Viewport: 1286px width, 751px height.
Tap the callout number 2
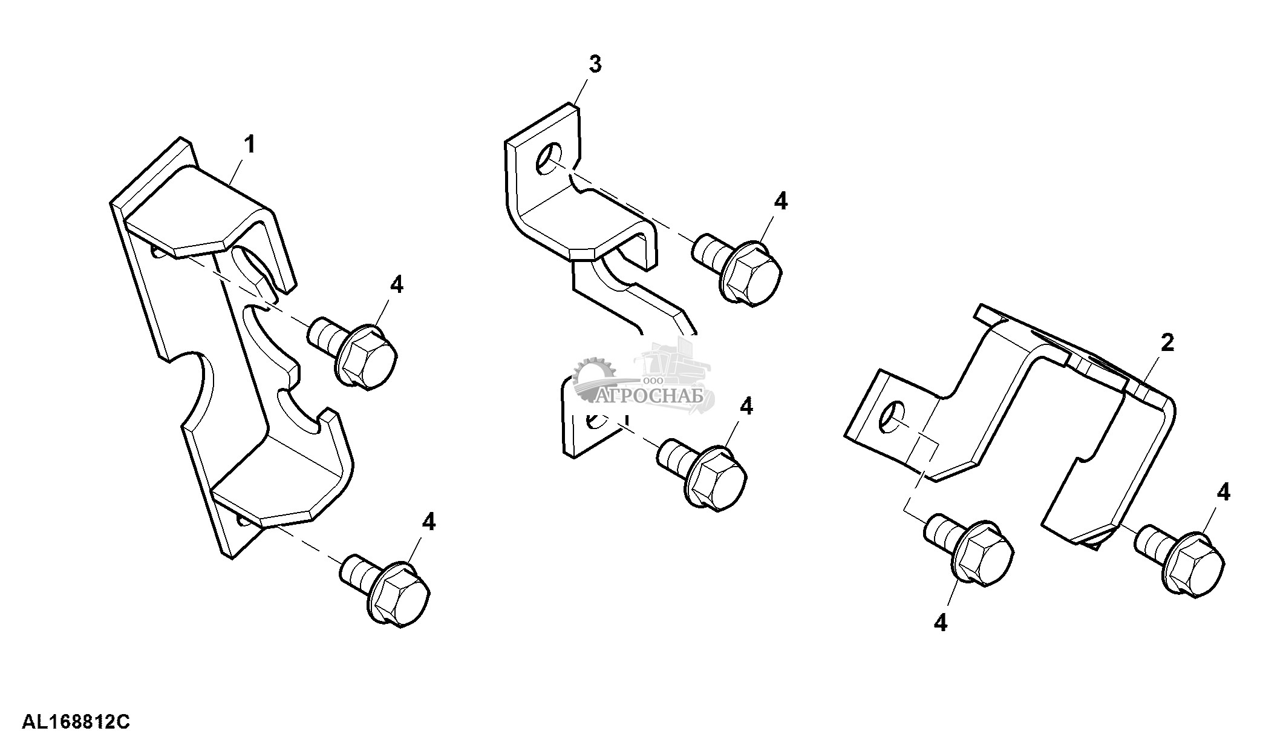point(1167,343)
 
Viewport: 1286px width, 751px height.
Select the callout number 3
point(595,64)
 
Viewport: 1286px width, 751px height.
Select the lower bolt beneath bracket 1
point(385,591)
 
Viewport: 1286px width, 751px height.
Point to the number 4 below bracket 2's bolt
point(940,621)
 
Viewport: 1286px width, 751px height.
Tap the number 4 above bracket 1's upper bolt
point(396,284)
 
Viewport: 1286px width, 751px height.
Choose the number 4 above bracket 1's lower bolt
point(428,521)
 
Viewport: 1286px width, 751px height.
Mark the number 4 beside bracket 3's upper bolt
point(781,201)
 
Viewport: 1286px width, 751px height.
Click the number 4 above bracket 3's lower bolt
point(746,407)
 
